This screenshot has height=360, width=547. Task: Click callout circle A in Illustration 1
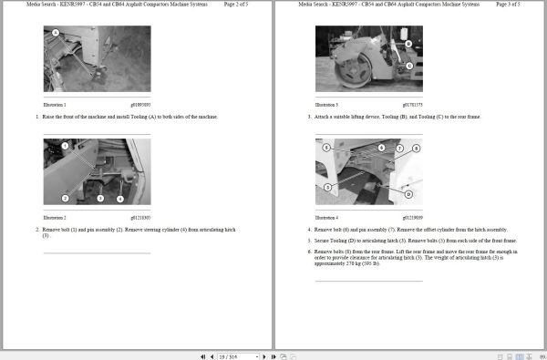point(56,33)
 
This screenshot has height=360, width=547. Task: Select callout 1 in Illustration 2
point(65,146)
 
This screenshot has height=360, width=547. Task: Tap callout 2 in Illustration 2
point(66,198)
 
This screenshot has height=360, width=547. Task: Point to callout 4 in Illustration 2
point(120,198)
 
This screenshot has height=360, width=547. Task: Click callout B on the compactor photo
point(408,44)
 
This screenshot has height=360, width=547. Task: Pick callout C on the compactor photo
point(408,66)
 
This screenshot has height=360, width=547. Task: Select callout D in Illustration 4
point(408,195)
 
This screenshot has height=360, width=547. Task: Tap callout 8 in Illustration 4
point(416,148)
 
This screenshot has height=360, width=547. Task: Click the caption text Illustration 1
point(56,106)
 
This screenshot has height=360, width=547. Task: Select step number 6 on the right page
point(310,250)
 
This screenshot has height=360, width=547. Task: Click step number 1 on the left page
point(37,117)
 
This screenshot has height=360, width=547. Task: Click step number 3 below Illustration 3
point(310,117)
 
